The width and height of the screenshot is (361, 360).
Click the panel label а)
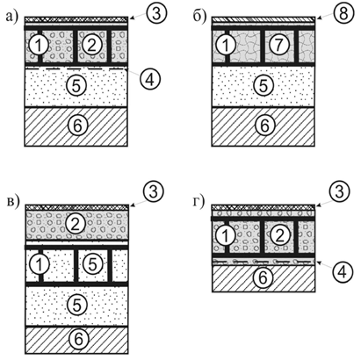[x=12, y=17]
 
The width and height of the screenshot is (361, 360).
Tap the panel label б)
[x=200, y=16]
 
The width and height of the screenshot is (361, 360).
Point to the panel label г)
[x=199, y=202]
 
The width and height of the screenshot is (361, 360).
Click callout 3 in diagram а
[x=156, y=12]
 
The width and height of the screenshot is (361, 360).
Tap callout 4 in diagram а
[x=150, y=79]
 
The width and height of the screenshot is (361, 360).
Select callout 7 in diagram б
[x=279, y=45]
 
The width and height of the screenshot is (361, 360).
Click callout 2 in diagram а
[x=92, y=46]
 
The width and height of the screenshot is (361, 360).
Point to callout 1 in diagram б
[x=227, y=46]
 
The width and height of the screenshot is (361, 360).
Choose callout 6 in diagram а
[x=77, y=126]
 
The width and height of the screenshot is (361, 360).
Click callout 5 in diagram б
[x=264, y=85]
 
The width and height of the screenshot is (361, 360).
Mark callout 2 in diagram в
[x=76, y=224]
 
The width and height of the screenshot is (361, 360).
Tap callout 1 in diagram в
[x=40, y=264]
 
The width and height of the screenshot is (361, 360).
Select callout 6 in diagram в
[x=78, y=340]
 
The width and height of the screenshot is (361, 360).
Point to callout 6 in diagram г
[x=263, y=277]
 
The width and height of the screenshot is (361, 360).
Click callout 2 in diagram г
[x=280, y=235]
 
